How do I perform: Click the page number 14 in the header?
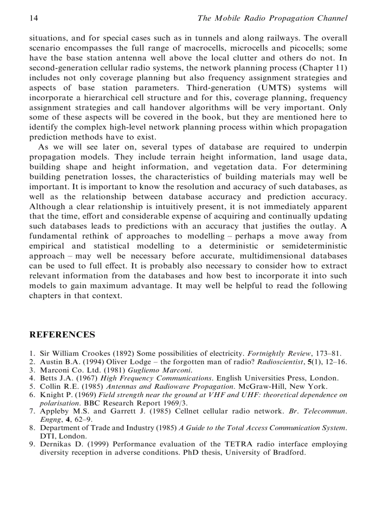coord(33,18)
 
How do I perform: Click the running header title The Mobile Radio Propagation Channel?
coord(272,18)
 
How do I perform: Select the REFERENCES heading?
coord(62,335)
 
